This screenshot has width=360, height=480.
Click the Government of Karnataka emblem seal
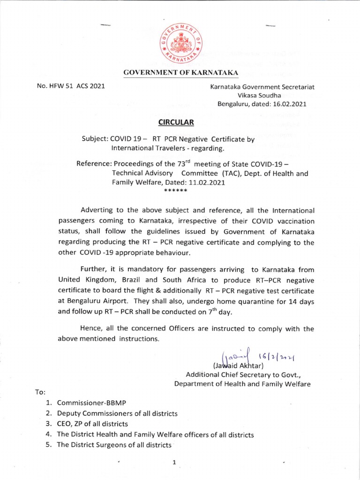click(x=180, y=43)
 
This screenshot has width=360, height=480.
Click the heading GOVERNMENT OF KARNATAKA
click(x=181, y=72)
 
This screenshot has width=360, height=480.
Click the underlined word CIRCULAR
click(x=176, y=123)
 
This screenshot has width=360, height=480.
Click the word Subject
click(x=95, y=139)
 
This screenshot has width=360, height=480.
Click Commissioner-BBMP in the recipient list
click(x=92, y=403)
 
